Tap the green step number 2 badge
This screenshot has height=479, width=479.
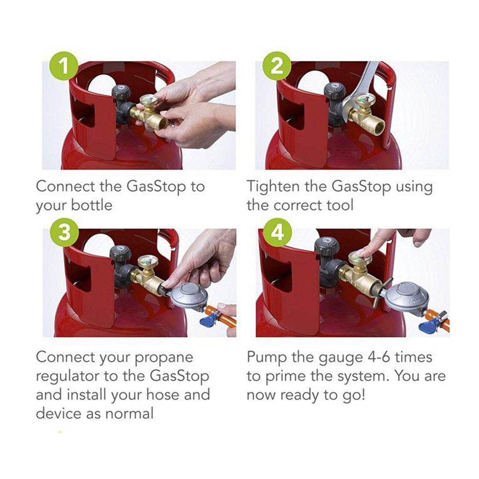pos(278,66)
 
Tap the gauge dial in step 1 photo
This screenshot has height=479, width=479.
pos(148,101)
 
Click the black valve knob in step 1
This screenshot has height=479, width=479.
pos(121,91)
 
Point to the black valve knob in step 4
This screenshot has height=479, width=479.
pos(327,246)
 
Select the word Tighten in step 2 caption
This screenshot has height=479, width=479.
pos(272,186)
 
